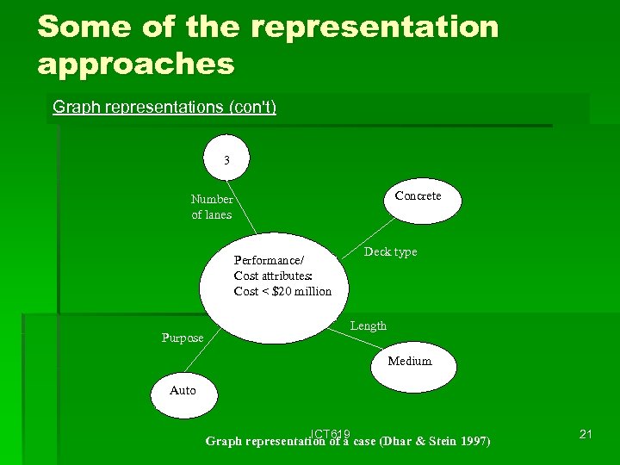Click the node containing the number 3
point(227,158)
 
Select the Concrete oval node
point(418,197)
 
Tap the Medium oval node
point(410,362)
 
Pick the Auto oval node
point(183,391)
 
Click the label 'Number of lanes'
point(212,207)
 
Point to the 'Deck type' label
point(390,251)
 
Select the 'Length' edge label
point(369,325)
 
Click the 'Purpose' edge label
point(183,338)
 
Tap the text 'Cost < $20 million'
point(282,291)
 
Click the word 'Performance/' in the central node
point(269,260)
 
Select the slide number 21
point(586,434)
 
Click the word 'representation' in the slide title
point(375,27)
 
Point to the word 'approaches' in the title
point(136,63)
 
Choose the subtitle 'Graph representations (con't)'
point(164,108)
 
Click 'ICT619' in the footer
point(330,432)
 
